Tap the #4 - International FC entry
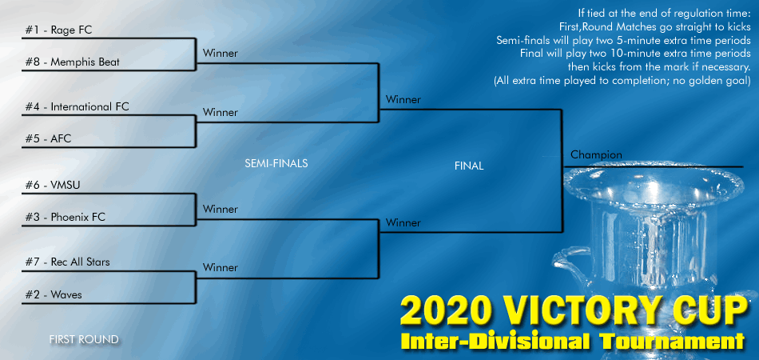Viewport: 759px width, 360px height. pos(77,106)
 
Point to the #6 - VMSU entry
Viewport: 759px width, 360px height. pos(53,185)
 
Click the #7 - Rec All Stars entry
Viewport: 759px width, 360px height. pos(68,262)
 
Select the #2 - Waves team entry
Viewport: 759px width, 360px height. pos(54,294)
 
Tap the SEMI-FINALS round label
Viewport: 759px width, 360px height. pos(276,163)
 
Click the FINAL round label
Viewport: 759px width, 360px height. pos(468,166)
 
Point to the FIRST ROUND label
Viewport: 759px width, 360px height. pos(83,340)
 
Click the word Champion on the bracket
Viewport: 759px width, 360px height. pos(596,154)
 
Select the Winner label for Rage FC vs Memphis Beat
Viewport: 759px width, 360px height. pos(220,54)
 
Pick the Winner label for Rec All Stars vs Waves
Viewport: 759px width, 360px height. pos(220,267)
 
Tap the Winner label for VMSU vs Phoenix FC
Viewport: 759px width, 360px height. pos(220,209)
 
